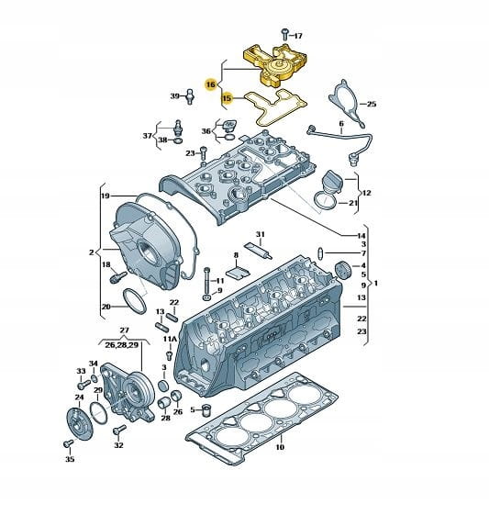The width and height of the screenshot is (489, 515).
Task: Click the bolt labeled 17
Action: pos(284,35)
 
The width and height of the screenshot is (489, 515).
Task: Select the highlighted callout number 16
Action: pos(210,84)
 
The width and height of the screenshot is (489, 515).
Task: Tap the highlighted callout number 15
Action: pos(227,98)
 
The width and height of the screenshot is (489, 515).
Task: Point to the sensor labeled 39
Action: pos(189,96)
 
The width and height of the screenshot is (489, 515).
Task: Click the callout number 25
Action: pos(372,104)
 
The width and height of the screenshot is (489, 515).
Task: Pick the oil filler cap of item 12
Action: pos(331,181)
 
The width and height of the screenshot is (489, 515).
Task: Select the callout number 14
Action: pos(361,236)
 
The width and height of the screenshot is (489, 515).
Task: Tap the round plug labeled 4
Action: pos(343,270)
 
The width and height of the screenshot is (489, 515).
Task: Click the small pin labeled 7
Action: pos(320,253)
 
